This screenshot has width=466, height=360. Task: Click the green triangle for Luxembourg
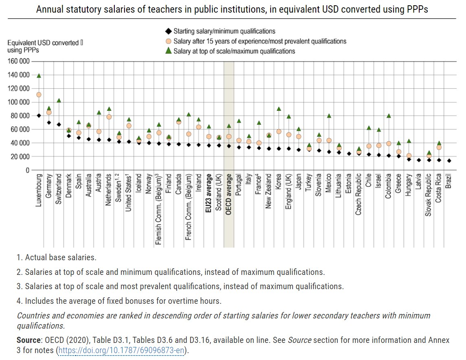tap(39, 76)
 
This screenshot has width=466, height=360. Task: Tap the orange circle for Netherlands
tap(109, 117)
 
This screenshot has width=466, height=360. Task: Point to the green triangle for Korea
tap(279, 109)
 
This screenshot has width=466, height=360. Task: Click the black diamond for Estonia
tap(349, 154)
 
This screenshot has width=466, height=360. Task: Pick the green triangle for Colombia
tap(389, 116)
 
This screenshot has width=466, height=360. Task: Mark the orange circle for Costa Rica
tap(439, 147)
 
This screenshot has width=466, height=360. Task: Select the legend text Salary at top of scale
tap(234, 51)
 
